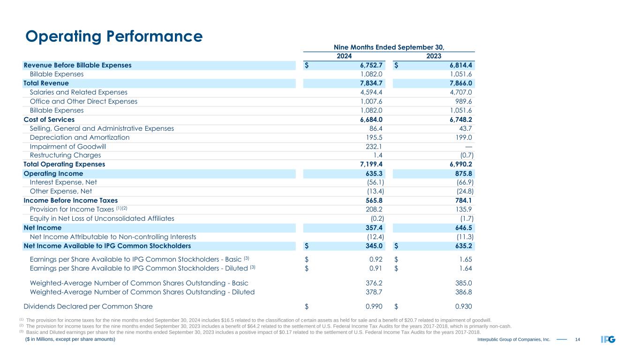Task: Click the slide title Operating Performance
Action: [x=113, y=36]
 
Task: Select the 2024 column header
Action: [x=344, y=56]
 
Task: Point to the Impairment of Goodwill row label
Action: [x=71, y=146]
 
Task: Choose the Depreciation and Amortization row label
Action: [x=80, y=137]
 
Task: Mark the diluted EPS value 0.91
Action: [x=376, y=268]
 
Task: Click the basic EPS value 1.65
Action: [x=465, y=259]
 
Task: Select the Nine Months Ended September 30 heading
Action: [x=389, y=47]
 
